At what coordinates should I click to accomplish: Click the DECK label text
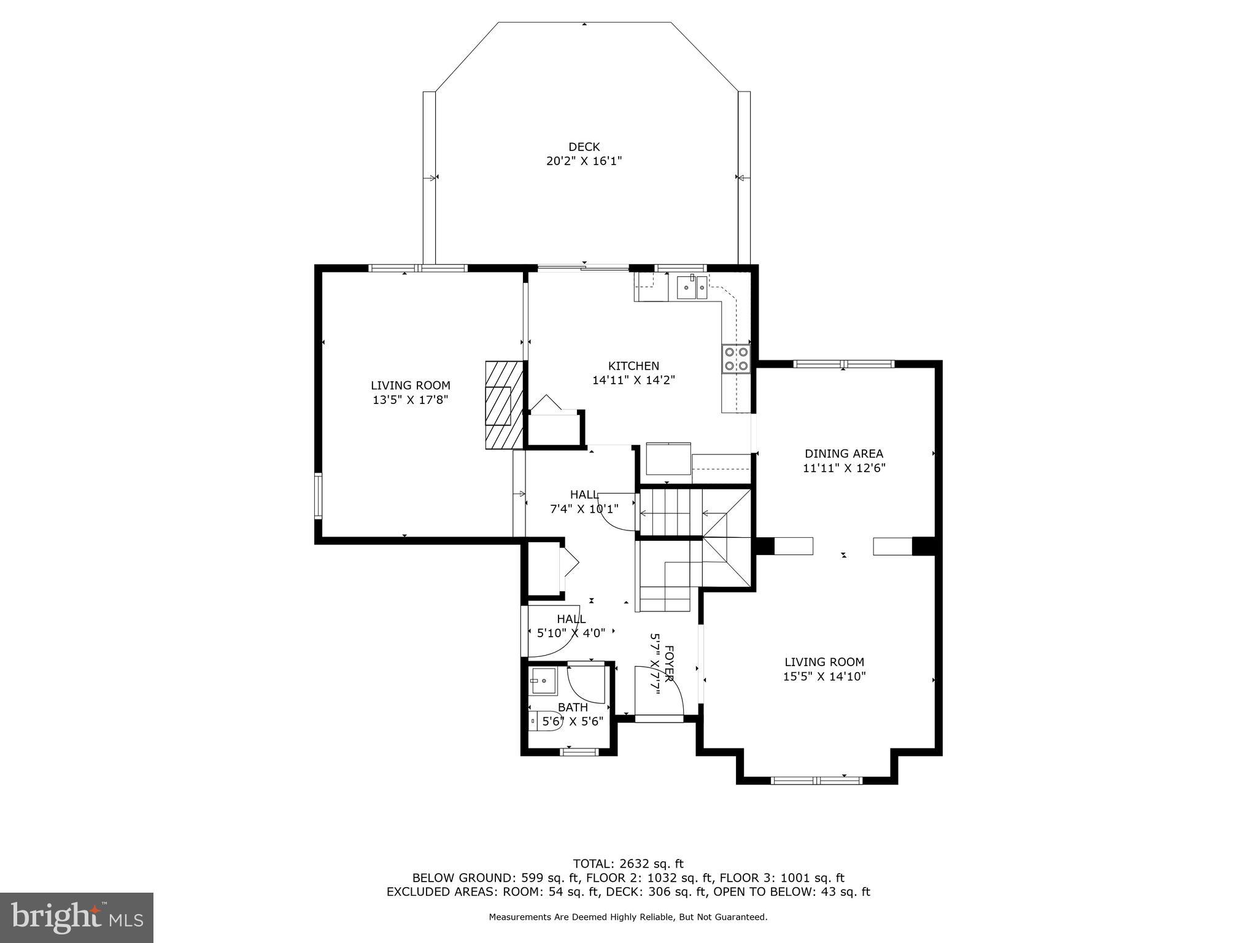584,147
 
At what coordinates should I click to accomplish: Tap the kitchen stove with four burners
736,359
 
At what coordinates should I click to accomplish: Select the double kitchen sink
692,287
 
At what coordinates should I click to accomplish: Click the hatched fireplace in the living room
504,405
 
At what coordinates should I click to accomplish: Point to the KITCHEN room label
633,366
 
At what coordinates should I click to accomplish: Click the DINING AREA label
844,454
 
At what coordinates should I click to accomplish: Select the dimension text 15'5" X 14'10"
824,677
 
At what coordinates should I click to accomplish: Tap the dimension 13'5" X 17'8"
410,400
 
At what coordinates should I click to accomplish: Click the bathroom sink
543,681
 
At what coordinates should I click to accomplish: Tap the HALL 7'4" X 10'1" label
584,502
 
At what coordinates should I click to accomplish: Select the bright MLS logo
77,918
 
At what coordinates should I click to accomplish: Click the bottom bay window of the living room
817,781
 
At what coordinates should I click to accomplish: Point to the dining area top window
844,364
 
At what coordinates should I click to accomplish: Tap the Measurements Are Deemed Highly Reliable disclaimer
628,917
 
